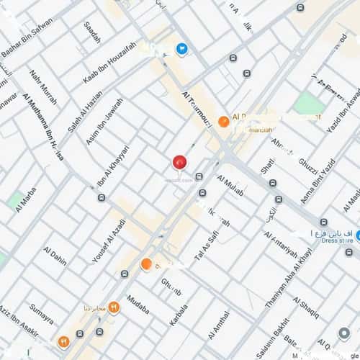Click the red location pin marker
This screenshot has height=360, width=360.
coord(179,162)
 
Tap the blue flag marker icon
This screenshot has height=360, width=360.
coord(181,49)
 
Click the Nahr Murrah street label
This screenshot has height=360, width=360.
coord(42,86)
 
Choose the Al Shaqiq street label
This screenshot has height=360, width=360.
coord(305,307)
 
